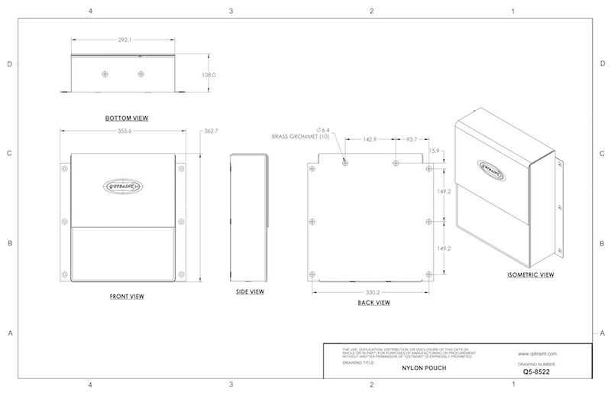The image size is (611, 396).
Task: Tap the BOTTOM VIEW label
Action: point(127,118)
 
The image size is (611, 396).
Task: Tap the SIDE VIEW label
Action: point(250,292)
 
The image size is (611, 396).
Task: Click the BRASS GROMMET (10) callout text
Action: point(299,137)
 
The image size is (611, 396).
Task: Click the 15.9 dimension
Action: point(435,151)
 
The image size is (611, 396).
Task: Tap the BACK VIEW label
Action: point(374,303)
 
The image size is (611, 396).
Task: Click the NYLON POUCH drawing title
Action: point(422,367)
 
